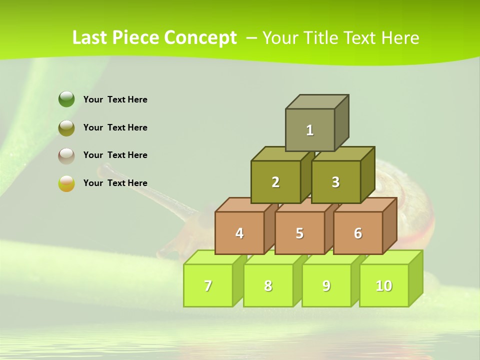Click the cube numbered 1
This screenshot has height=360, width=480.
[310, 130]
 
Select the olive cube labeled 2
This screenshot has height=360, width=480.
[275, 182]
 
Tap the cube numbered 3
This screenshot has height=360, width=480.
[335, 182]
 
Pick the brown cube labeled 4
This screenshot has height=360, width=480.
[239, 233]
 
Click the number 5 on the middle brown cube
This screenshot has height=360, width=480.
[299, 233]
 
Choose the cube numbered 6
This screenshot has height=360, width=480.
[358, 233]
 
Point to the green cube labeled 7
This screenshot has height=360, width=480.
[208, 286]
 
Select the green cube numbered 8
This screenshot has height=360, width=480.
[268, 286]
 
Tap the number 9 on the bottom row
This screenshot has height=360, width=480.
[326, 286]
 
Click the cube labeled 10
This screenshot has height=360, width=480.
[384, 286]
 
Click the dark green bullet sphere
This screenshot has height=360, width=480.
[66, 99]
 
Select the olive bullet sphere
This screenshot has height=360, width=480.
[66, 127]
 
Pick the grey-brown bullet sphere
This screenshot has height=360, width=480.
[66, 155]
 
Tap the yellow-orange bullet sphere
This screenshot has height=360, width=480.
[66, 183]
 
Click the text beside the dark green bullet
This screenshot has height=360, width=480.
[115, 99]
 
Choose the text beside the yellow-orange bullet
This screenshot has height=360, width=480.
[115, 183]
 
